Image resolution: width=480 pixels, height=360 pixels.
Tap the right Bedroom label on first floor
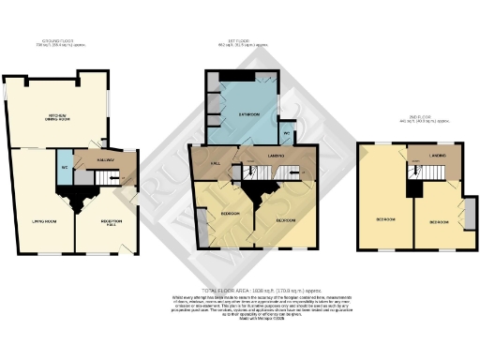[x=287, y=220]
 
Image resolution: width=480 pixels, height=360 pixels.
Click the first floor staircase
[x=267, y=173]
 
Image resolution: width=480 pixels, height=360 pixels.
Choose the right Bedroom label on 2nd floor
[x=438, y=222]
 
